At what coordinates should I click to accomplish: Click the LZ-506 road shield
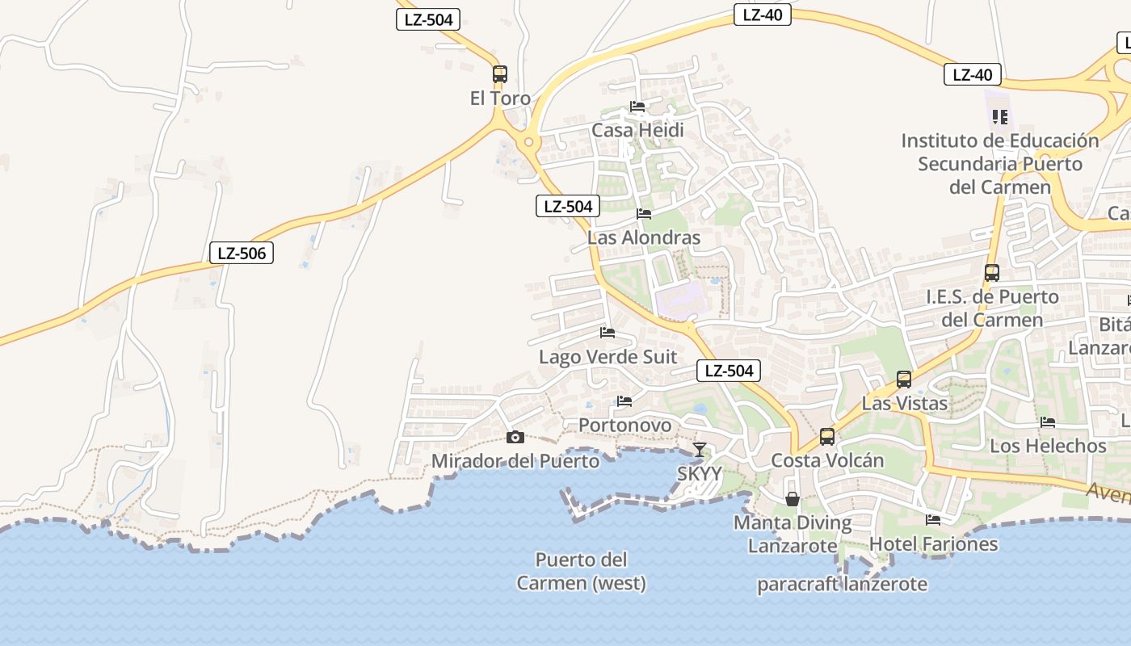coord(242,253)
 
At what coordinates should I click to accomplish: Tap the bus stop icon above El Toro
coord(500,74)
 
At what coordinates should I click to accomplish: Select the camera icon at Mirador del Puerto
coord(515,438)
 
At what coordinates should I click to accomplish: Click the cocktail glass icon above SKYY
coord(700,450)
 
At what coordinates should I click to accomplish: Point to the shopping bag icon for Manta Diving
coord(793,499)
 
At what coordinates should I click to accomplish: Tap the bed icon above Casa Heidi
coord(637,107)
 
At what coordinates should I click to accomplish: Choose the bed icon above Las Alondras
coord(644,214)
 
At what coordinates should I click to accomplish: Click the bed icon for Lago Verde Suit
coord(608,333)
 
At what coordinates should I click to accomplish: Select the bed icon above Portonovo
coord(624,401)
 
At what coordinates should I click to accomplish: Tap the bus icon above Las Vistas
coord(904,379)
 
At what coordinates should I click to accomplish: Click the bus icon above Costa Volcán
coord(827,437)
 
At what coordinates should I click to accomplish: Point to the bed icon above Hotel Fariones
coord(933,520)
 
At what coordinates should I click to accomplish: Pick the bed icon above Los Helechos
coord(1048,422)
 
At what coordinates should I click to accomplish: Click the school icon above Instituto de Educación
coord(1000,117)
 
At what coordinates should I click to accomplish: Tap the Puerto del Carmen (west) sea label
coord(581,571)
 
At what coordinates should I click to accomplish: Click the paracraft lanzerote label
coord(842,584)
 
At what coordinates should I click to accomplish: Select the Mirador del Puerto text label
coord(515,461)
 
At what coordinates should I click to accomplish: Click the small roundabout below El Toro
coord(528,142)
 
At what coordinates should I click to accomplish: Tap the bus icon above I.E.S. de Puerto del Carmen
coord(992,272)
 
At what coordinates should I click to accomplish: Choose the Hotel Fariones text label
coord(933,544)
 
